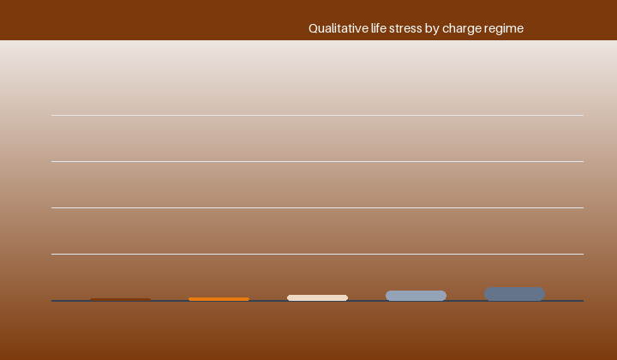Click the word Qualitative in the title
click(x=338, y=28)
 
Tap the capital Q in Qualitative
click(x=314, y=29)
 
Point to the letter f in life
click(x=378, y=28)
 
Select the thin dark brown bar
click(x=121, y=299)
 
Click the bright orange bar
click(x=219, y=299)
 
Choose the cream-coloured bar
click(x=318, y=297)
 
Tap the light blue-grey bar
click(x=416, y=296)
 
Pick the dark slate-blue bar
click(x=515, y=294)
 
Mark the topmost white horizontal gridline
click(x=317, y=115)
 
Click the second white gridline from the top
click(x=317, y=161)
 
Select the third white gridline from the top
click(x=317, y=207)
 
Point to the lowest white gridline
click(x=317, y=255)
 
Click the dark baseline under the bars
click(x=317, y=301)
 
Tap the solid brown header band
click(x=308, y=20)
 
